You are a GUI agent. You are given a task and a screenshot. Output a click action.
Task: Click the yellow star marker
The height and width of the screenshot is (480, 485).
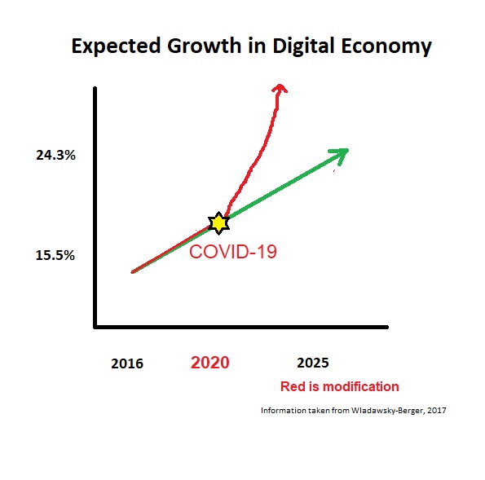click(218, 222)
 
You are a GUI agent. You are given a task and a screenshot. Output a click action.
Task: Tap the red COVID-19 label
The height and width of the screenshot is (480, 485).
click(233, 252)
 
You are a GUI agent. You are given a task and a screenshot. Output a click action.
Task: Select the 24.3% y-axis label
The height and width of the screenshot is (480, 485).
click(55, 155)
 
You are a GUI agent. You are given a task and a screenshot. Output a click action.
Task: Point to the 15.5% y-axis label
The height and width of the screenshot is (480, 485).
click(55, 255)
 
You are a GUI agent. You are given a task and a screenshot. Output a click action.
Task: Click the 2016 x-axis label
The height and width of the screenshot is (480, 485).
click(127, 363)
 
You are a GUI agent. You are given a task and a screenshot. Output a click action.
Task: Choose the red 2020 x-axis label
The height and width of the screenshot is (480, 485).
click(209, 363)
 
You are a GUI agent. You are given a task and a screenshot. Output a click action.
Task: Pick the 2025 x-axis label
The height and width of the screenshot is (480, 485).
click(314, 362)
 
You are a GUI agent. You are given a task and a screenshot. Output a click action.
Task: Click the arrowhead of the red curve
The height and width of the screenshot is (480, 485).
click(280, 86)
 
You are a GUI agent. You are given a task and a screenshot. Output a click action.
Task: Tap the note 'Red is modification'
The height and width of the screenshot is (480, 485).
click(339, 387)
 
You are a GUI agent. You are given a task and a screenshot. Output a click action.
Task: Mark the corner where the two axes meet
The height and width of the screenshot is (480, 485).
click(96, 328)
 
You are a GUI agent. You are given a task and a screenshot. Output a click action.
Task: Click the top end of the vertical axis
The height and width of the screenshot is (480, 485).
click(96, 89)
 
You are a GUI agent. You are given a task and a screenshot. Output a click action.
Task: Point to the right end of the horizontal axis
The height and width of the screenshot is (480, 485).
click(386, 328)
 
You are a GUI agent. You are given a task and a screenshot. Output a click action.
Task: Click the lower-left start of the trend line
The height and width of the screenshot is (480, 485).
click(132, 271)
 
